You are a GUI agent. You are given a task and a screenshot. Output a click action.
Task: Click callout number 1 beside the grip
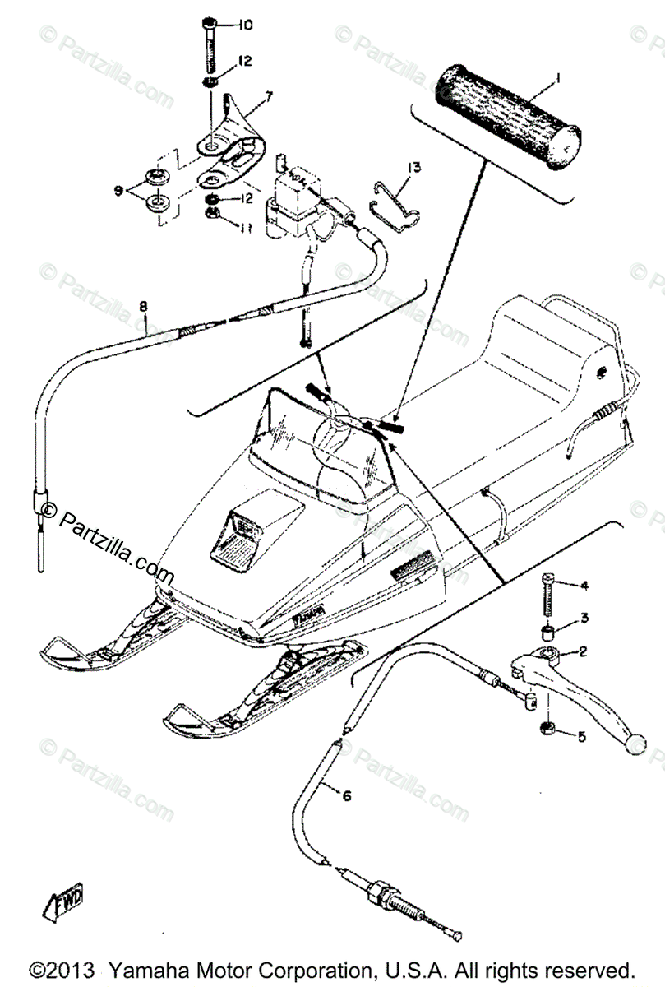tap(557, 79)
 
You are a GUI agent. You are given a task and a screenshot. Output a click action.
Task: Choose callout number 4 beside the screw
tap(584, 586)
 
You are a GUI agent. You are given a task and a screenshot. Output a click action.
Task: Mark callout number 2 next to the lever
tap(583, 652)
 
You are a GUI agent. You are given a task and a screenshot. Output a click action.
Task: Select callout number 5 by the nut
tap(581, 736)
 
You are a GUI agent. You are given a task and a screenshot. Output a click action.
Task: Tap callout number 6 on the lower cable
tap(346, 795)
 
